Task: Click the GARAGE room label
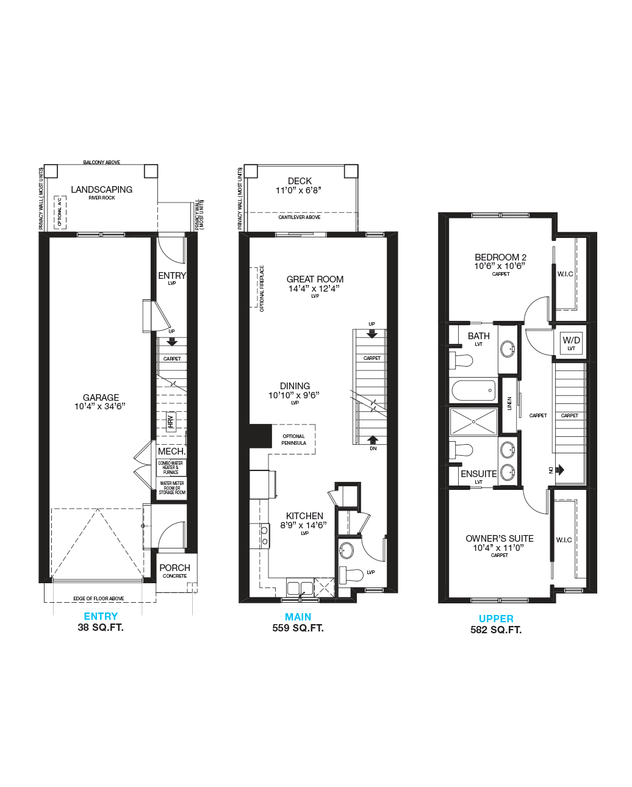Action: pos(101,398)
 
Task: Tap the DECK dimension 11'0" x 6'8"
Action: pos(298,190)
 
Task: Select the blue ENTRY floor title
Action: pos(101,616)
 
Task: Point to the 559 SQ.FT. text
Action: pos(298,628)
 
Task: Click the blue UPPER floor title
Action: pos(496,619)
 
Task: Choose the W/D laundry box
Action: pos(571,343)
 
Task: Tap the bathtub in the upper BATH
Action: pos(473,390)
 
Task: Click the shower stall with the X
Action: pos(473,422)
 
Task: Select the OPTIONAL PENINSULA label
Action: pos(293,439)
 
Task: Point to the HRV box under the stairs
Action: pos(171,422)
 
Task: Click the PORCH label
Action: pos(174,568)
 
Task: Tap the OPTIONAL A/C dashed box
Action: pos(60,212)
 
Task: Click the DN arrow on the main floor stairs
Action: pos(372,440)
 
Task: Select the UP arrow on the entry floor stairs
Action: pos(172,342)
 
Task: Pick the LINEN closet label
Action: pos(509,403)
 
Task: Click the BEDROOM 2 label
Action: pos(500,257)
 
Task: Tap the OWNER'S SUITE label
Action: pos(499,538)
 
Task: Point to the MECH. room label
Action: pos(171,451)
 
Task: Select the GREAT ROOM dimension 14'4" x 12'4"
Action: pos(314,289)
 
